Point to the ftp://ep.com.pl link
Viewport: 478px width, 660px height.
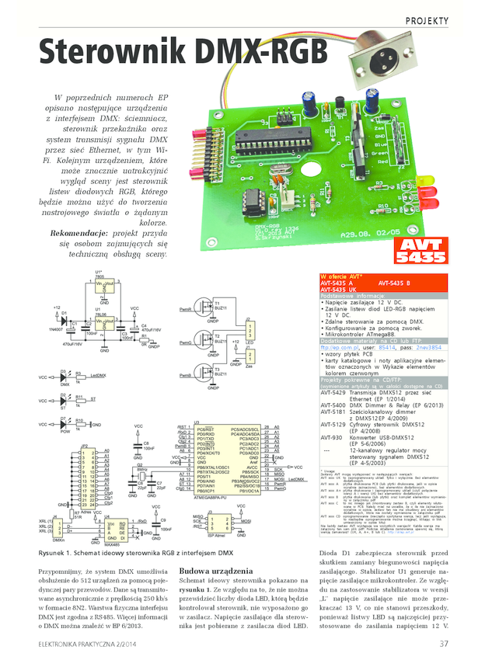339,349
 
